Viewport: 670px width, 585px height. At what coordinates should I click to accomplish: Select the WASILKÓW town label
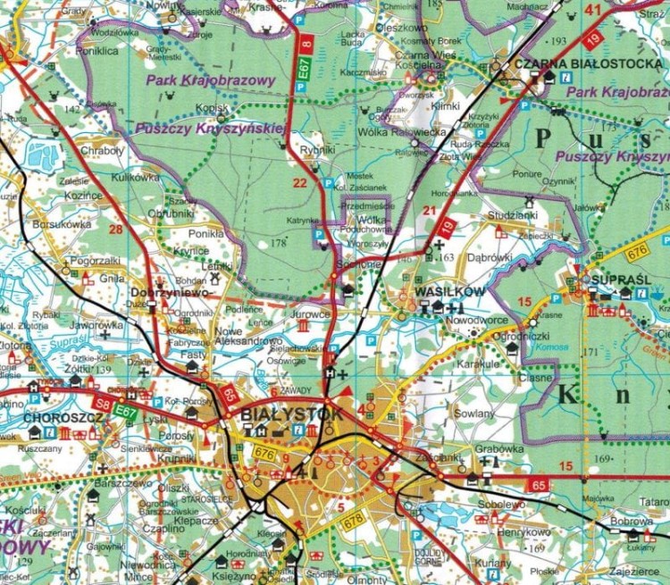pos(438,292)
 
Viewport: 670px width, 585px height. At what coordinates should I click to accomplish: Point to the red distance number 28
pos(114,230)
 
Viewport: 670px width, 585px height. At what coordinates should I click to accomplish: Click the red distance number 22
pos(300,183)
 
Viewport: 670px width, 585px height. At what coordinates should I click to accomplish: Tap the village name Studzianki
pos(513,215)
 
